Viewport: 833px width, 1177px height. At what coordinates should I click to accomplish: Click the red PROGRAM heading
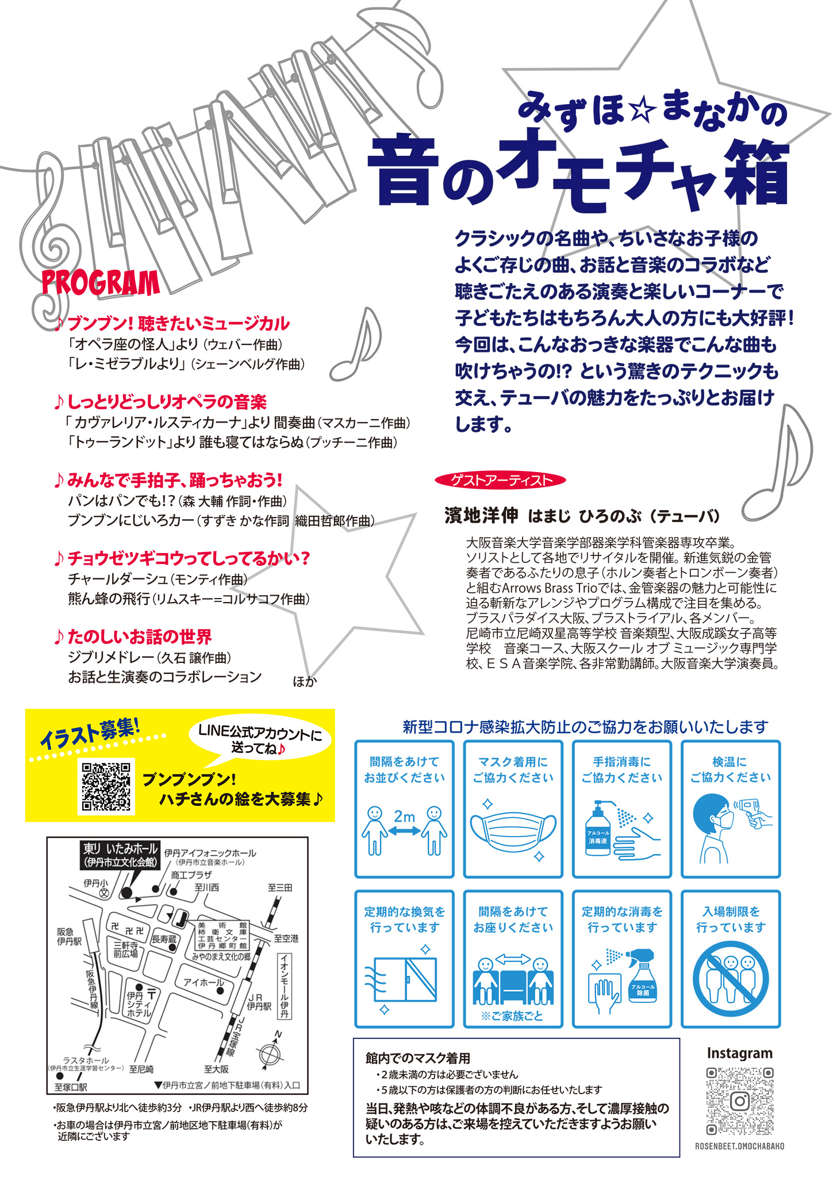[x=100, y=283]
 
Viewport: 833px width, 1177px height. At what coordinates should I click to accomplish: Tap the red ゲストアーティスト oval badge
[x=500, y=480]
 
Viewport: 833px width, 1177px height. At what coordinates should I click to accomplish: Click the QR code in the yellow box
[x=106, y=786]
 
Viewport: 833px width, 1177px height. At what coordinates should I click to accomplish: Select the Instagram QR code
[x=739, y=1101]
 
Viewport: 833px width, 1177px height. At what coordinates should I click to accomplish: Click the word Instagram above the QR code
[x=739, y=1053]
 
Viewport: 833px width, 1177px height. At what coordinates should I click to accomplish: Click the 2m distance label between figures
[x=404, y=816]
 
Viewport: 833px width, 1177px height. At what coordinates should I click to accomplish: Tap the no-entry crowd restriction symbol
[x=731, y=979]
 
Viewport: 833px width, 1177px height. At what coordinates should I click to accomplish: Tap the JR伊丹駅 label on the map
[x=259, y=1002]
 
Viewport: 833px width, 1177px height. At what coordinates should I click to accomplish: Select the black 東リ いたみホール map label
[x=120, y=855]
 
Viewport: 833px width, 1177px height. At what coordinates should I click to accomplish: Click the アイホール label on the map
[x=203, y=982]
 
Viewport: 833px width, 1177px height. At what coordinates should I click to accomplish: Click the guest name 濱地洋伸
[x=481, y=516]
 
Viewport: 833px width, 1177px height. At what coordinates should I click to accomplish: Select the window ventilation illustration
[x=402, y=979]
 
